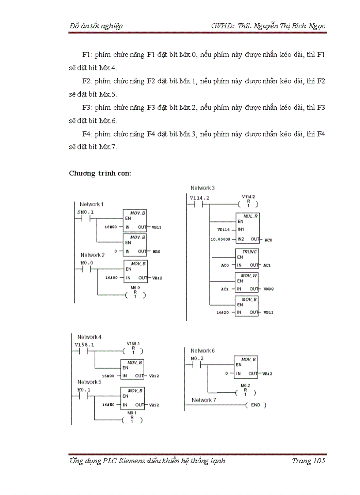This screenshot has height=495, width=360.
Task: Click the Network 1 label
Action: (x=91, y=204)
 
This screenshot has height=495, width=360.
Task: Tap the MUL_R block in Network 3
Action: (x=247, y=227)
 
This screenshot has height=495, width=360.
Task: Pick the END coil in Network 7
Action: (x=255, y=405)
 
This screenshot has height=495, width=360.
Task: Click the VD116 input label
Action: (x=224, y=230)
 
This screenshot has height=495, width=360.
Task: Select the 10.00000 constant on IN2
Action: (x=220, y=239)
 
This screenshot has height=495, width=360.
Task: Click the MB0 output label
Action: (x=156, y=251)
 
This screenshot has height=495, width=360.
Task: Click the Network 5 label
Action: (x=89, y=382)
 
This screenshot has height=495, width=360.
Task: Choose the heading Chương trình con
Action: (x=100, y=173)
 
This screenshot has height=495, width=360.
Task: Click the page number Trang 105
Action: (x=308, y=461)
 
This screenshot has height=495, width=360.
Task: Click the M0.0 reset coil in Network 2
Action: (x=135, y=295)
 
